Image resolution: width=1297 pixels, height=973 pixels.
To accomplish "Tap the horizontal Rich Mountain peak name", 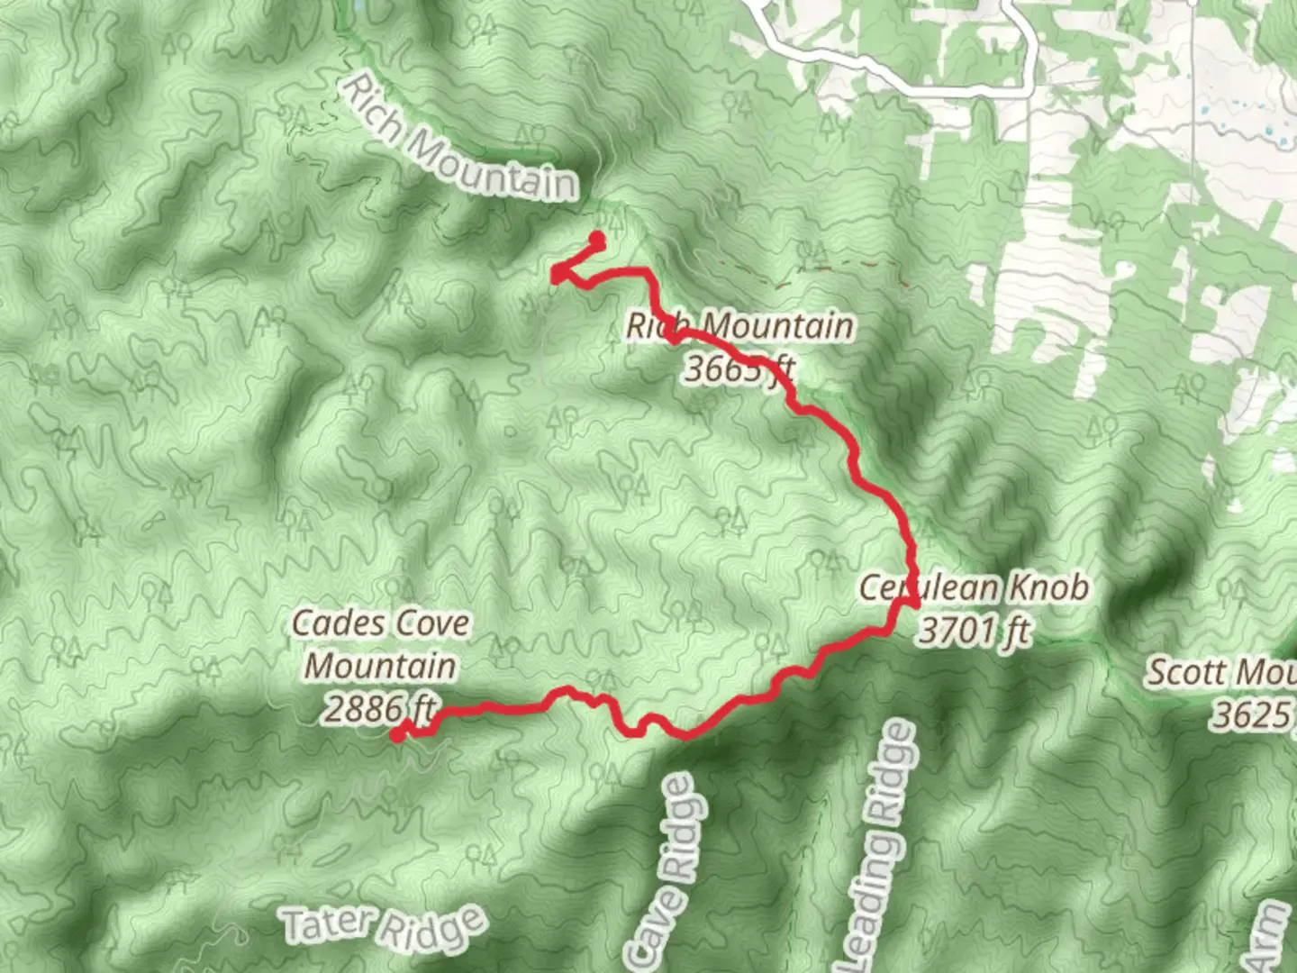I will tap(739, 326).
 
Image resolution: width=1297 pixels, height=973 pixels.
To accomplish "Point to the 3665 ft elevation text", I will tap(739, 368).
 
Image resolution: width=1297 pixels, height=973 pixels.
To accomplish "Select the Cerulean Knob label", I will tap(974, 588).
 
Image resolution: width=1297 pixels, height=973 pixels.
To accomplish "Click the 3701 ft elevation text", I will tap(974, 631).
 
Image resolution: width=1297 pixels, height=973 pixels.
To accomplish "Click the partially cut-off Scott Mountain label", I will tap(1220, 673).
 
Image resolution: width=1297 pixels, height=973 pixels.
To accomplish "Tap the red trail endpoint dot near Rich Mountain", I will tap(596, 239).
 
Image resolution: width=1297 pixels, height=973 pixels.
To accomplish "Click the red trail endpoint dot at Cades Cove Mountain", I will tap(396, 735).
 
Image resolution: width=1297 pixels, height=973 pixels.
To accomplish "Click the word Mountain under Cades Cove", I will tap(380, 667).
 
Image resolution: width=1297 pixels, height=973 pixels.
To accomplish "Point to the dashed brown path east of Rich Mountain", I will tap(811, 261).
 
